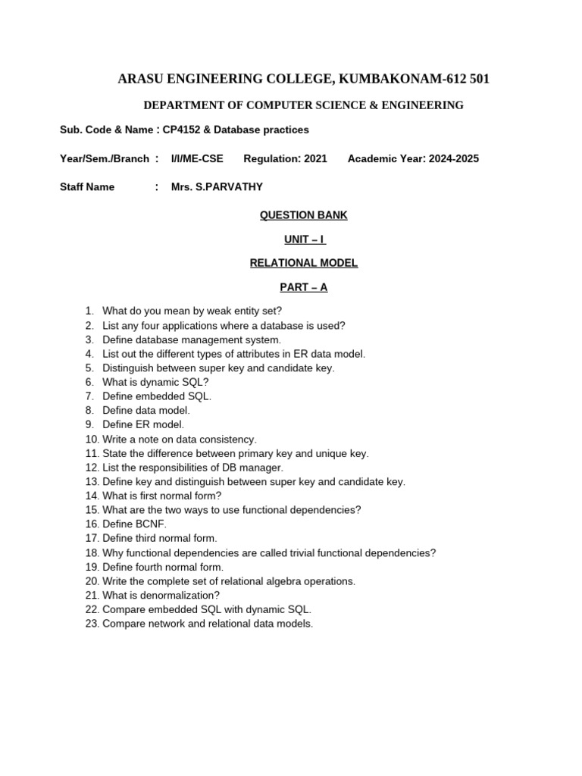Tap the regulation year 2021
tap(315, 158)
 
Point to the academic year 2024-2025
tap(453, 158)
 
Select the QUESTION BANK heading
tap(303, 215)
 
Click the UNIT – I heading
tap(303, 239)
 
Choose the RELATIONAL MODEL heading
tap(303, 263)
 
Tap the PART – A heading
tap(303, 287)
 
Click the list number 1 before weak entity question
tap(89, 311)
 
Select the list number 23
tap(92, 624)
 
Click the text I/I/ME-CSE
tap(197, 158)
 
